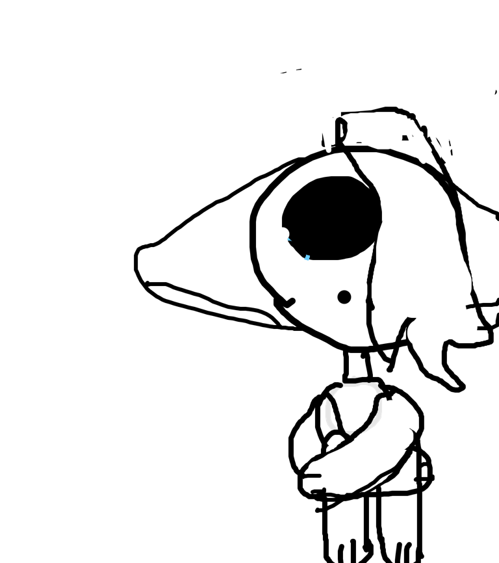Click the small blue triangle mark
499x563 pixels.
tap(289, 239)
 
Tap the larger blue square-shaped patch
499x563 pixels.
tap(307, 257)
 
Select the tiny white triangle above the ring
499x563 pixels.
tap(353, 376)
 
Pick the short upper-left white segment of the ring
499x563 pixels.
tap(334, 391)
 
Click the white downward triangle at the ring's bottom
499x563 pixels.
tap(350, 432)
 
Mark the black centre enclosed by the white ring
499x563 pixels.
tap(354, 408)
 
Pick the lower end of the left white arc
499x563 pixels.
tap(334, 428)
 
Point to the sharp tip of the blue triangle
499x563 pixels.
tap(287, 238)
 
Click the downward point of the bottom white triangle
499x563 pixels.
tap(350, 435)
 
